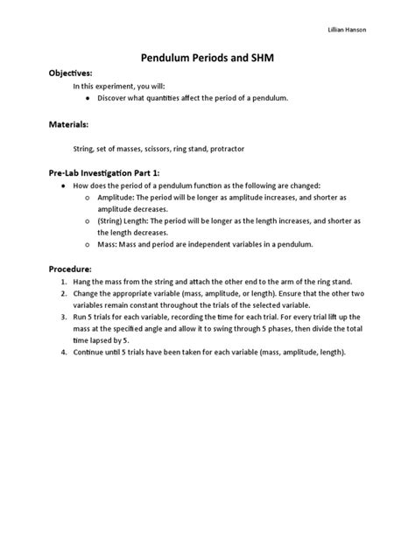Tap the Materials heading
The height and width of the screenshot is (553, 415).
point(67,125)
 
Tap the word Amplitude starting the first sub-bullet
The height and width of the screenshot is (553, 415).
point(117,199)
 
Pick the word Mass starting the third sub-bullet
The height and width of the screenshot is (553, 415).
point(107,244)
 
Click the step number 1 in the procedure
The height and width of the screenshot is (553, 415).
point(64,283)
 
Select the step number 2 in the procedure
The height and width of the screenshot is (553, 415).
point(64,294)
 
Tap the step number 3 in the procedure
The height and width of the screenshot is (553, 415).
point(64,318)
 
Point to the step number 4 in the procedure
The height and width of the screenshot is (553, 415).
point(64,352)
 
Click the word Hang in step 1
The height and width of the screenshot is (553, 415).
point(81,283)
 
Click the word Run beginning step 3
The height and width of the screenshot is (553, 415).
point(80,318)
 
